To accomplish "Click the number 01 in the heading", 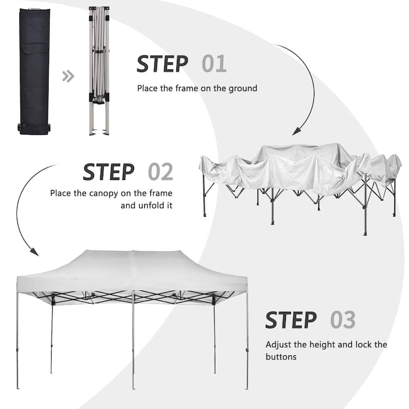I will click(x=214, y=64).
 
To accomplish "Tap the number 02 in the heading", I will click(x=161, y=172).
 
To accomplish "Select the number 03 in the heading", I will click(x=342, y=320).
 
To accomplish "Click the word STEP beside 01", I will click(x=162, y=64).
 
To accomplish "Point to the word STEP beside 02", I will click(x=109, y=172).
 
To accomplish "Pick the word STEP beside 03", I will click(x=290, y=320).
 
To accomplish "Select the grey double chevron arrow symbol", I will click(x=68, y=77).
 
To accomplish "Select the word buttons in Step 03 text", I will click(x=281, y=356).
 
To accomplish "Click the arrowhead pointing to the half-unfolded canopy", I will click(x=296, y=132).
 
